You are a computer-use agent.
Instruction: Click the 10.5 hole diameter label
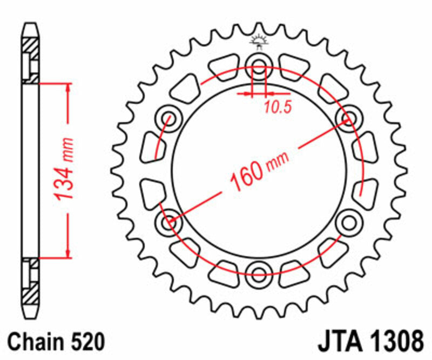(x=278, y=107)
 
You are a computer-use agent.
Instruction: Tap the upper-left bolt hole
(x=167, y=118)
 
